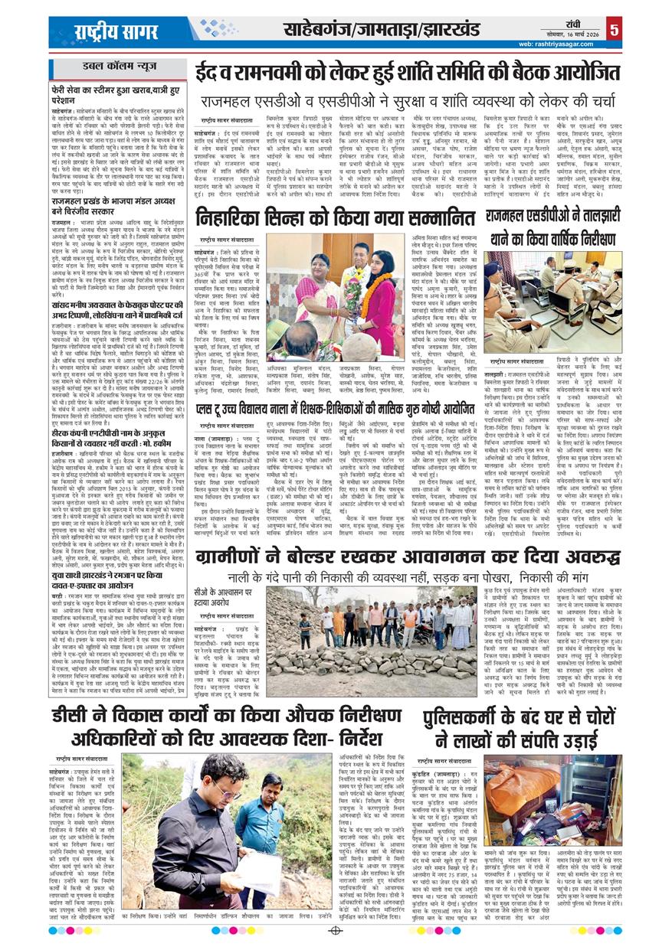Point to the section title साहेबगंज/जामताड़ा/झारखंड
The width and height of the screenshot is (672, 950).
pos(382,30)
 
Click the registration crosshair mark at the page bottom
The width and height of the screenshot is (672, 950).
pos(336,932)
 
